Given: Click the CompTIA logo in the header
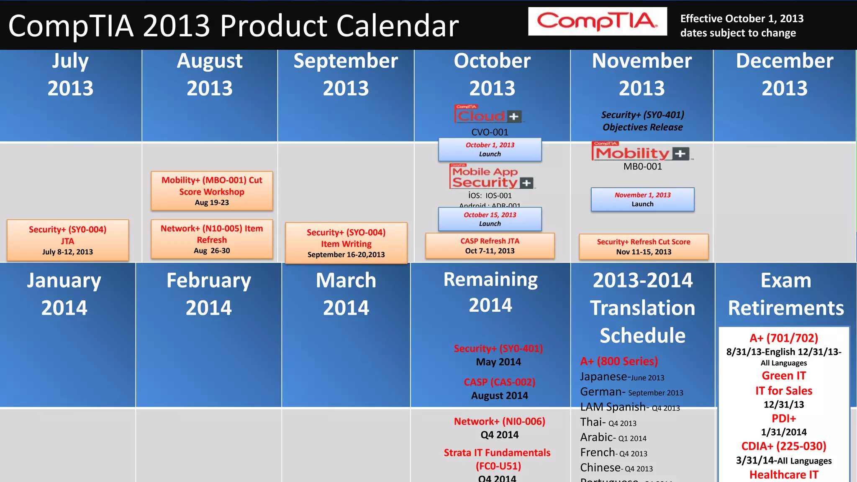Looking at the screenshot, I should tap(597, 21).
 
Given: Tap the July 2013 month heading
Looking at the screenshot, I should tap(70, 74).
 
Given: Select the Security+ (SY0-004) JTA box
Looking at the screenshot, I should tap(68, 240).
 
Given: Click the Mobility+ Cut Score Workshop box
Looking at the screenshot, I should tap(212, 191).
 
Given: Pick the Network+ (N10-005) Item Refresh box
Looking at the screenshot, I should tap(212, 239).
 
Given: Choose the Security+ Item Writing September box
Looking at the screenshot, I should tap(346, 243).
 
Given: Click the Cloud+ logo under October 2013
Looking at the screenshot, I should tap(488, 114).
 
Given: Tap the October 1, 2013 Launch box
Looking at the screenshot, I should tap(490, 149).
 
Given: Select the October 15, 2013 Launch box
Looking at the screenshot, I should tap(490, 219).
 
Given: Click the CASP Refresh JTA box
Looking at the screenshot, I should tap(490, 246).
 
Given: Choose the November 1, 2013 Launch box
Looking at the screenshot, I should tap(642, 199).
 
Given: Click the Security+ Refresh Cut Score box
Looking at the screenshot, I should tap(644, 246).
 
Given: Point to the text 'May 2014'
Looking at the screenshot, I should tap(498, 362).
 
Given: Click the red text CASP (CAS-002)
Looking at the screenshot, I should tap(500, 382).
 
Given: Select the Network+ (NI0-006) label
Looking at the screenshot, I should tap(500, 421).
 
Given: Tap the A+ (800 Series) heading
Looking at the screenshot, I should tap(619, 361).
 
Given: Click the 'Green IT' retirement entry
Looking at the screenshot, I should tap(783, 376).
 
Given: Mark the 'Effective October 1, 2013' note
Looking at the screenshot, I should tap(742, 19).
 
